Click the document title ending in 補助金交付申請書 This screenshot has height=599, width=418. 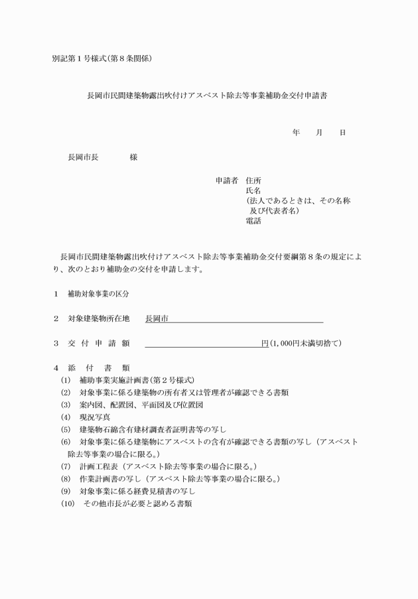[207, 96]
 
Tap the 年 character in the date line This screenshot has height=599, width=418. [296, 133]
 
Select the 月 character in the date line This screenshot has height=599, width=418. [319, 133]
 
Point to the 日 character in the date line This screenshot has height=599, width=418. [342, 133]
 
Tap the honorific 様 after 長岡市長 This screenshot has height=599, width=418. [133, 157]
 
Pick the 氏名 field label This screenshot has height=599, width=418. [253, 191]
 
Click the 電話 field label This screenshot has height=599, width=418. [253, 221]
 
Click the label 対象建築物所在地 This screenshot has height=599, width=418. [99, 318]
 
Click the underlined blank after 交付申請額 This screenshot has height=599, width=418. [202, 344]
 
